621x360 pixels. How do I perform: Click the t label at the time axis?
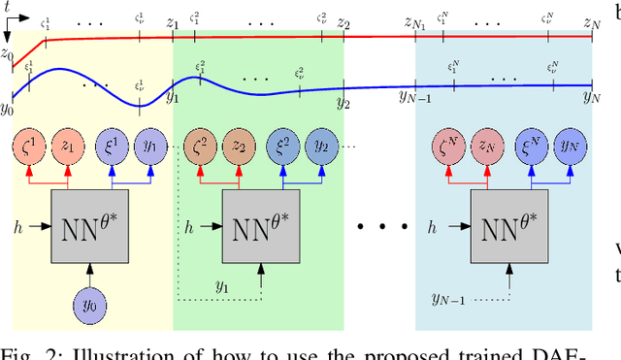click(8, 7)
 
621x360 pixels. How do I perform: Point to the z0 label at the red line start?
click(8, 55)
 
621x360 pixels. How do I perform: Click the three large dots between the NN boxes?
click(383, 227)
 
